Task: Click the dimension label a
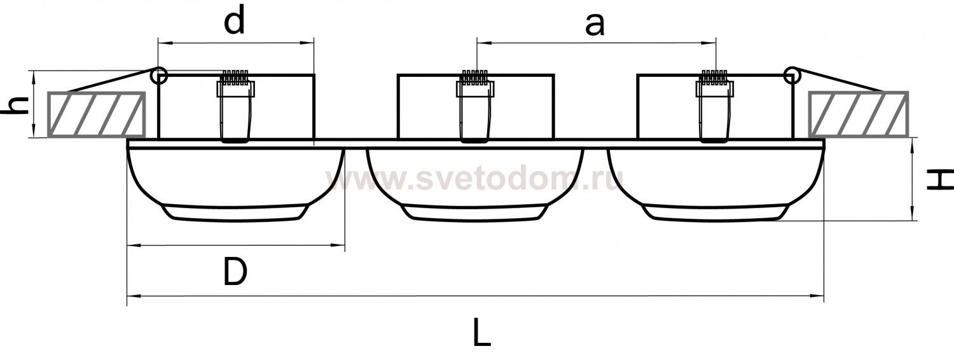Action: coord(595,25)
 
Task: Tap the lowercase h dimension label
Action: coord(16,106)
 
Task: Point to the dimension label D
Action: coord(235,272)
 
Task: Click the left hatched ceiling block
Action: coord(96,114)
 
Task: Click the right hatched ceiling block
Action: coord(859,114)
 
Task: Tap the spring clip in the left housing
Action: coord(235,106)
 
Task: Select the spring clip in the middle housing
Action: coord(475,106)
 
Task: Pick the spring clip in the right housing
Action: coord(715,106)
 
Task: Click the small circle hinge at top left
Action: coord(159,76)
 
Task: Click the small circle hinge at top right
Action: coord(792,76)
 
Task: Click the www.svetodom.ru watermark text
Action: coord(475,179)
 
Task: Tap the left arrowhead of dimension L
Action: coord(133,295)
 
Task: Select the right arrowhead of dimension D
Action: coord(338,245)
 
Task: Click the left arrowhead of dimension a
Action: coord(483,43)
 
